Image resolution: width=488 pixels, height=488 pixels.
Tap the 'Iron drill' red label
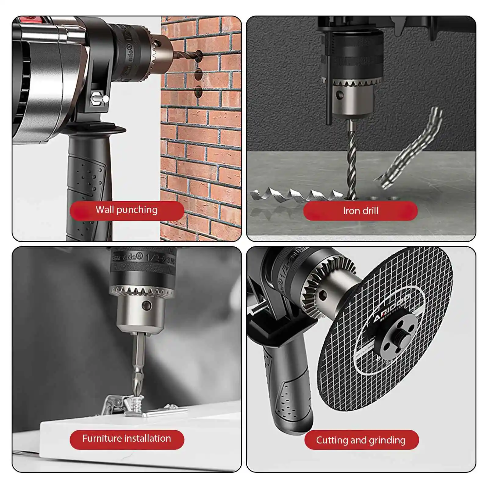(x=360, y=211)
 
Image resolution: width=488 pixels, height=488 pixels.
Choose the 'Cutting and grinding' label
(x=361, y=440)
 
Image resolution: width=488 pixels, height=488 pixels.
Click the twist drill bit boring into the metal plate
(x=352, y=162)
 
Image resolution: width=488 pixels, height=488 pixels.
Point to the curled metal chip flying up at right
(x=412, y=149)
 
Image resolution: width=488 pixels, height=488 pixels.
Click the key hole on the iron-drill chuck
(x=340, y=95)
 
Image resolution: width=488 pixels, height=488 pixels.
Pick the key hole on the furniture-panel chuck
(x=147, y=305)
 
